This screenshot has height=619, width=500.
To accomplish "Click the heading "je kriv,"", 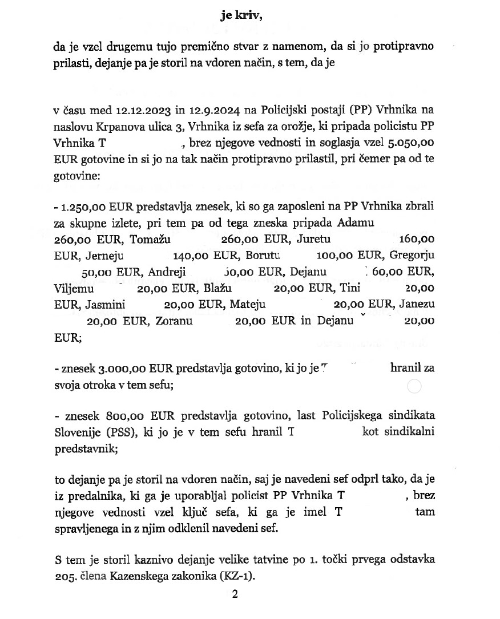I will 241,15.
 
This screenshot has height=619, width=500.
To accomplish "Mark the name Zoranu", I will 174,321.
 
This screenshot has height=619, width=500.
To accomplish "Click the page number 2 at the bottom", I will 235,594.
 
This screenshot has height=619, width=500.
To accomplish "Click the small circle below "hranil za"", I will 414,387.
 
